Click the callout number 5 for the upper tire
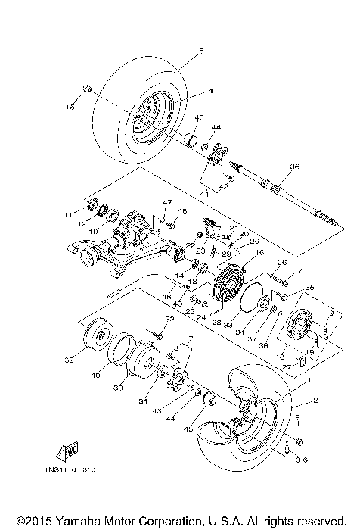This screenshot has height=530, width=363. pyautogui.click(x=201, y=51)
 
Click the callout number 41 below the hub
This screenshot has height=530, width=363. pyautogui.click(x=204, y=195)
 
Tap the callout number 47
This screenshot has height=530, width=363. pyautogui.click(x=169, y=204)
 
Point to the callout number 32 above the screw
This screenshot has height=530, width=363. pyautogui.click(x=169, y=319)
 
